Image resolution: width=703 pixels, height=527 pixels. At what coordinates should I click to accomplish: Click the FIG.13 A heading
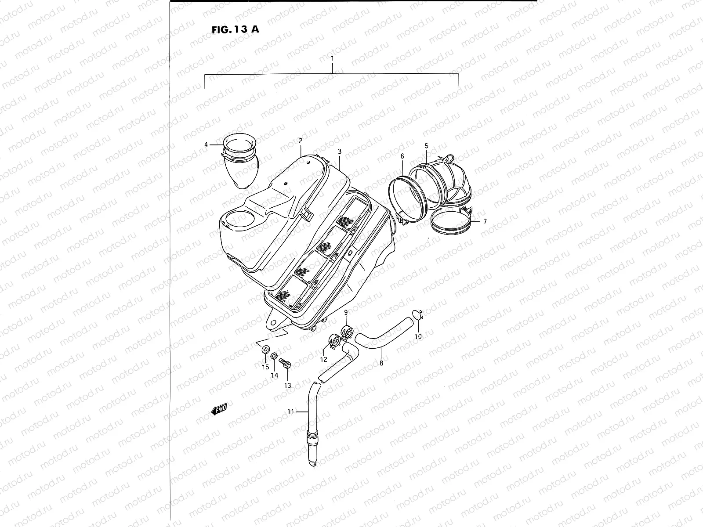coord(235,30)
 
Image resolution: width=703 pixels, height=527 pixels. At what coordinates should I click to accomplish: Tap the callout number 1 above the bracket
coord(333,58)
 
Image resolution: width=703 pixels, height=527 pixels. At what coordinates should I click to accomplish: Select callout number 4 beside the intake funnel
coord(206,144)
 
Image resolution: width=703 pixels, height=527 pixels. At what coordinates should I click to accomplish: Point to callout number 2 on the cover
coord(301,141)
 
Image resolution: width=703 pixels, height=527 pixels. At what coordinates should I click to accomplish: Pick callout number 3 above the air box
coord(340,151)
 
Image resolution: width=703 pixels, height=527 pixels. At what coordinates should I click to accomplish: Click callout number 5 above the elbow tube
coord(426,145)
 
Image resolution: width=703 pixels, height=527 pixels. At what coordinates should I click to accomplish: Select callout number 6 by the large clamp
coord(402,156)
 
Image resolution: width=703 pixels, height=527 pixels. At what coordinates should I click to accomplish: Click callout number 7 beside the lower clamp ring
coord(485,222)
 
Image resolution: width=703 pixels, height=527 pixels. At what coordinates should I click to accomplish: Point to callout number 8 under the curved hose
coord(381,363)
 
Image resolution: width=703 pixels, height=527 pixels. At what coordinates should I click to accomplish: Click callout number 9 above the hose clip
coord(346,312)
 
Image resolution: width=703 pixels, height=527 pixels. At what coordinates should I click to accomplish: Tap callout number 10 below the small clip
coord(418,336)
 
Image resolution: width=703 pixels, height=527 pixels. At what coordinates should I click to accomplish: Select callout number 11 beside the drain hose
coord(290,411)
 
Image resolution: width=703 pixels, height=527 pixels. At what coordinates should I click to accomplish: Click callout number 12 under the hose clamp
coord(323,359)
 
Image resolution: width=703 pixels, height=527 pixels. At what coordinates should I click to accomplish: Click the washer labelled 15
coord(265,350)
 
